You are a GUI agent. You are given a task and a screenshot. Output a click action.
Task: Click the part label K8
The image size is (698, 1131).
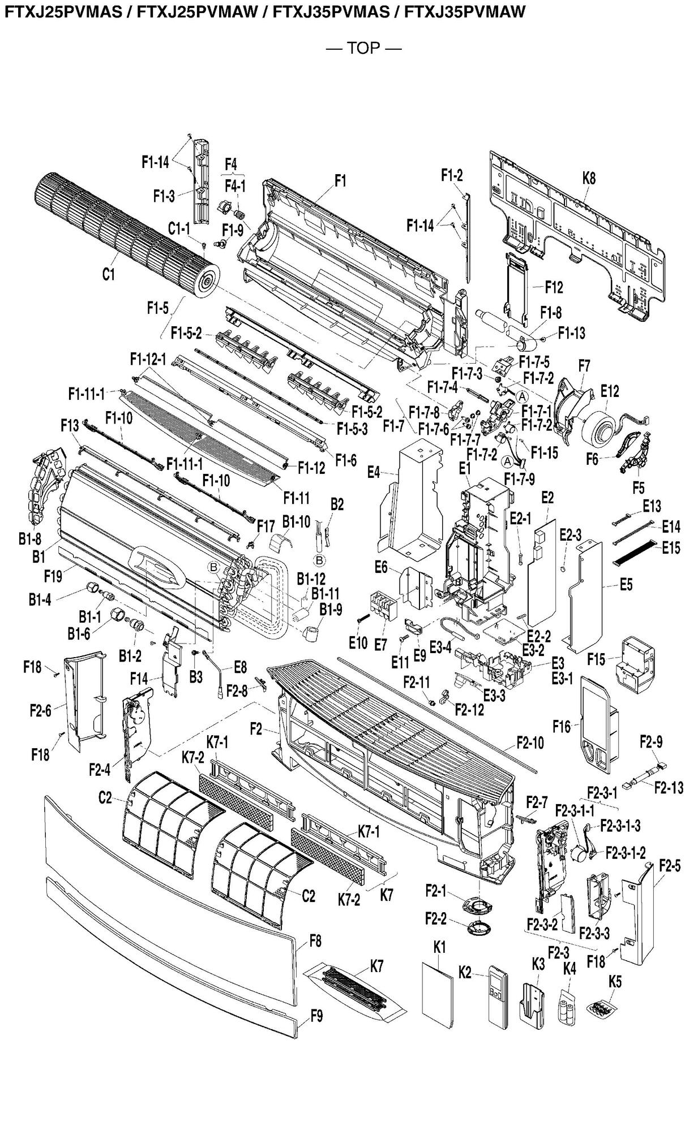pyautogui.click(x=589, y=179)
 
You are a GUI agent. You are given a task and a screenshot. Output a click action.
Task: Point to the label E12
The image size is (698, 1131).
pyautogui.click(x=610, y=391)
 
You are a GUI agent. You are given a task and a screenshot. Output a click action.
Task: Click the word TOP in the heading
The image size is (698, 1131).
pyautogui.click(x=363, y=48)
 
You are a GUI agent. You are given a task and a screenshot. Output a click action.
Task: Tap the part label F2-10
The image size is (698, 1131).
pyautogui.click(x=530, y=743)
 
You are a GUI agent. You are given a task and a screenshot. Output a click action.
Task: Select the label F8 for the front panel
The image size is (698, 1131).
pyautogui.click(x=315, y=941)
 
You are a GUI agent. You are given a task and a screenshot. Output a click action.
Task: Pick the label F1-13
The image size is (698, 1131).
pyautogui.click(x=571, y=333)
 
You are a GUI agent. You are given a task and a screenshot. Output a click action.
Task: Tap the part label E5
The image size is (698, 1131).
pyautogui.click(x=626, y=585)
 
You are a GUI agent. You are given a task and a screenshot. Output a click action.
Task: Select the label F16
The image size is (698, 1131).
pyautogui.click(x=562, y=726)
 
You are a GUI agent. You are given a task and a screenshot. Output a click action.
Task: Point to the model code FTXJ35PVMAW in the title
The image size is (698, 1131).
pyautogui.click(x=465, y=11)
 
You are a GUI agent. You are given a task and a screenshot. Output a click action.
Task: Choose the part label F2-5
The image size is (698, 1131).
pyautogui.click(x=670, y=866)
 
